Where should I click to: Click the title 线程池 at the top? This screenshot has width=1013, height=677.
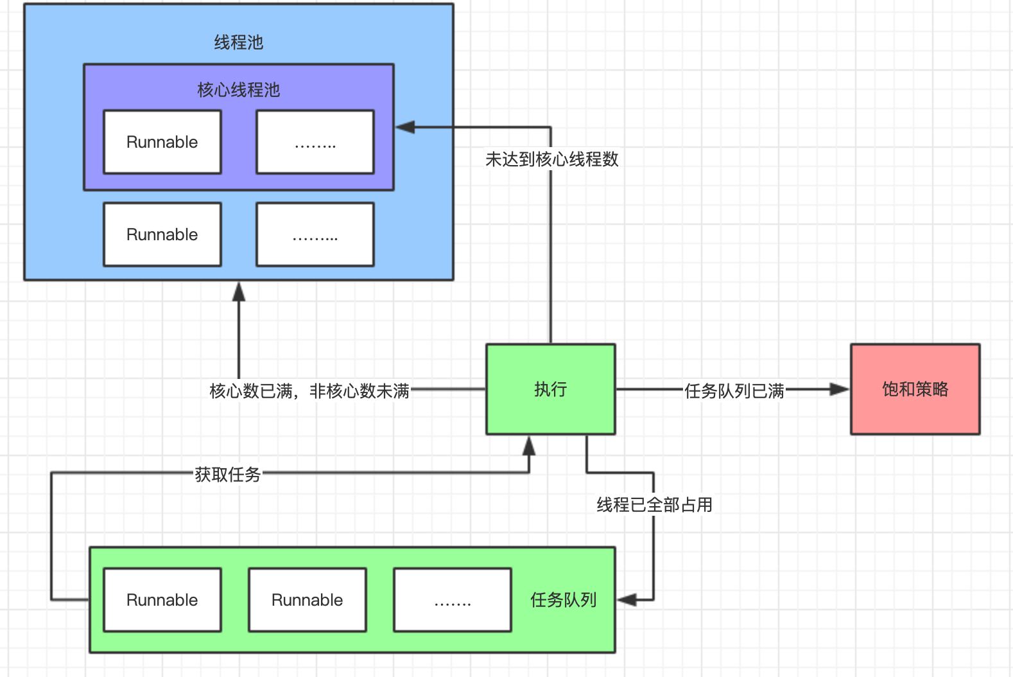[239, 42]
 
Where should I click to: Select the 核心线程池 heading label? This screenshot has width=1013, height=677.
[239, 90]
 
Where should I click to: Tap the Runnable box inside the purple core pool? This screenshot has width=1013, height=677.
[162, 142]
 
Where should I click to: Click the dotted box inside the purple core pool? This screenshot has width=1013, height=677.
[315, 142]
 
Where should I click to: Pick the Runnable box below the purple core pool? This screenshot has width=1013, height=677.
[162, 234]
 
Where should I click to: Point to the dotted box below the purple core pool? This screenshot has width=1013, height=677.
[315, 234]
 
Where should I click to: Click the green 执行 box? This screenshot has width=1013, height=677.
[551, 389]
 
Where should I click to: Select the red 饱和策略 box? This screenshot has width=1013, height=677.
[916, 389]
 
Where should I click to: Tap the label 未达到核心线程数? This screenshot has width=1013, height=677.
[551, 159]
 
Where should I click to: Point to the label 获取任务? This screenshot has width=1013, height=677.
[228, 474]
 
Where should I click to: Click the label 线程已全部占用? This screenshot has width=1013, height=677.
[654, 505]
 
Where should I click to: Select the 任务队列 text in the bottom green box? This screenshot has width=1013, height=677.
[564, 600]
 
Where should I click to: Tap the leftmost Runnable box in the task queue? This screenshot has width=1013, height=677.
[162, 600]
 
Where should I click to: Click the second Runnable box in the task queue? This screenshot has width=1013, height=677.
[307, 600]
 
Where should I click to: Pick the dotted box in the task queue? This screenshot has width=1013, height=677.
[453, 600]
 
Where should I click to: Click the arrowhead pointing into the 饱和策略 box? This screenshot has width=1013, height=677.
[839, 389]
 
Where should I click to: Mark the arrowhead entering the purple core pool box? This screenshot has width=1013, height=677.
[405, 127]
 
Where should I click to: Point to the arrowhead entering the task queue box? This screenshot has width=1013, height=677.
[627, 600]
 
